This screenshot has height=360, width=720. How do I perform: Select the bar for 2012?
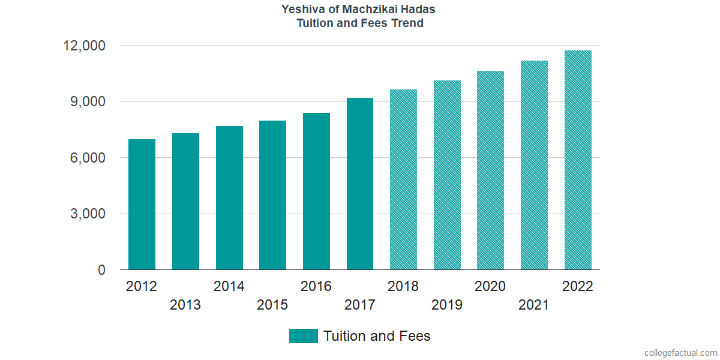point(142,205)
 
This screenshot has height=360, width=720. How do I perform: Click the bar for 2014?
point(229,198)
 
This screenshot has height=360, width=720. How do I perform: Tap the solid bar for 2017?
point(360,184)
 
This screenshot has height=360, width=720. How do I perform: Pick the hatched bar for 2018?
point(403,180)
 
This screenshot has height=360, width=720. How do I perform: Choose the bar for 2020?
point(490,170)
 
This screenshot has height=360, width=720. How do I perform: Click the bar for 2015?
point(272,195)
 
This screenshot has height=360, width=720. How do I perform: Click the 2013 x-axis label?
point(185,305)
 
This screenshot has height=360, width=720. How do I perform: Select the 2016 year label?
point(316,286)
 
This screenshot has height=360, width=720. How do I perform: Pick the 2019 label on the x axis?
point(447,305)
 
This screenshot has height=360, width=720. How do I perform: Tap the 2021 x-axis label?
point(534,305)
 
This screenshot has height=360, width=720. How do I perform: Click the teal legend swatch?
point(303,336)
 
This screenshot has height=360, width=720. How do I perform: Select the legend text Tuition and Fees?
point(377,336)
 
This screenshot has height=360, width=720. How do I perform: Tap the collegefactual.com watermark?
point(680,353)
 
